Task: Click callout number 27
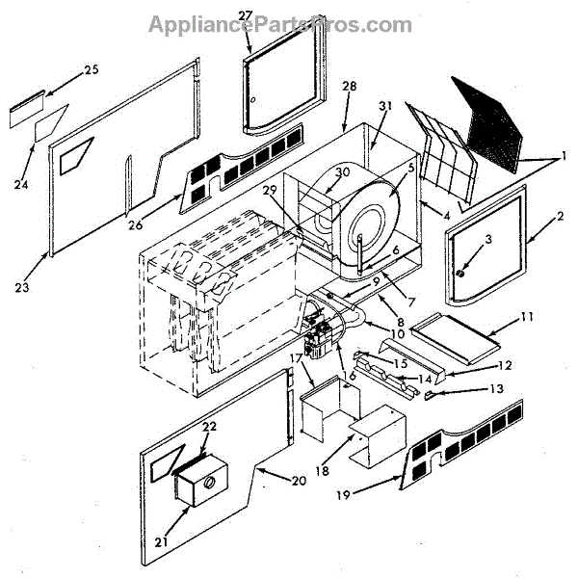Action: click(245, 16)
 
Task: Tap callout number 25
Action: click(92, 69)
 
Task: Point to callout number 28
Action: click(349, 87)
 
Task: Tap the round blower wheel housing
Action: click(366, 220)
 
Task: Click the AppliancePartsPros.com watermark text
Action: click(280, 23)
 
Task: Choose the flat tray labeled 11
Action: click(451, 332)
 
